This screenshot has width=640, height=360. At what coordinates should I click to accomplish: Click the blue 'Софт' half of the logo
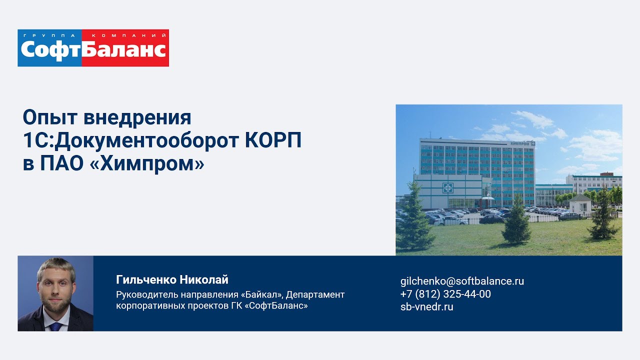[50, 50]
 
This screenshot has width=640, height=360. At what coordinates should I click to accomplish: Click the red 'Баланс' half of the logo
[124, 50]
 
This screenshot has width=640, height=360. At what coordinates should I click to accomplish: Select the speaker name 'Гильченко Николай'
[172, 279]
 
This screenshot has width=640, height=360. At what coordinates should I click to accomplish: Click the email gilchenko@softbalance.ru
[462, 281]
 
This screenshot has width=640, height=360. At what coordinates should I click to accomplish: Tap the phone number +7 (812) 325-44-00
[445, 294]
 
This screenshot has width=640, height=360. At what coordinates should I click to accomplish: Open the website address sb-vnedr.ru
[426, 307]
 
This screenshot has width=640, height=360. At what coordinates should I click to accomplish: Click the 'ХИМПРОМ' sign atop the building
[520, 144]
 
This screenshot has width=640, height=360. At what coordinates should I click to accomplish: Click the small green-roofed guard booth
[580, 204]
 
